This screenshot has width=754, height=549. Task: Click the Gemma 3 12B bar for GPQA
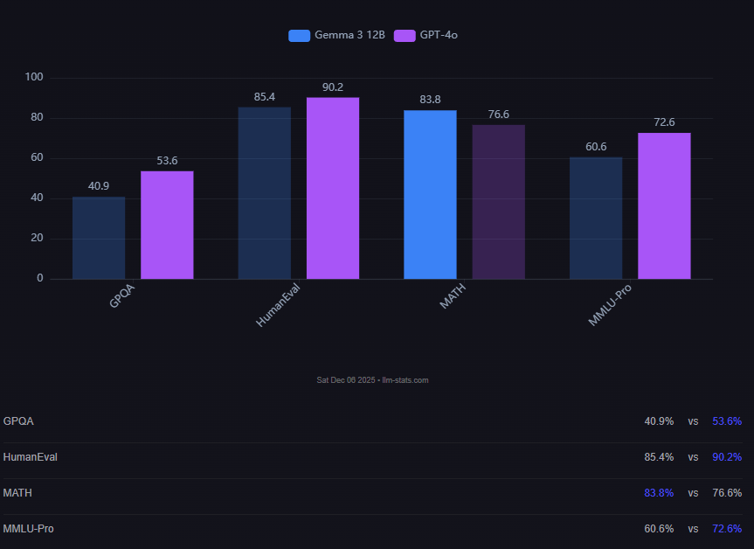(99, 238)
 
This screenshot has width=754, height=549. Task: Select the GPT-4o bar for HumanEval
(333, 188)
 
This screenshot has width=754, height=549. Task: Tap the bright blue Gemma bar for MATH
(430, 194)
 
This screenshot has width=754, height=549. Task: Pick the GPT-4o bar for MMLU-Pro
(664, 206)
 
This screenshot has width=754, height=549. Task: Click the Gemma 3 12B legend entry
(337, 36)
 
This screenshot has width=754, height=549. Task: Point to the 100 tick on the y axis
(34, 78)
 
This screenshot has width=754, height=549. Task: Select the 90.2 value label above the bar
(333, 87)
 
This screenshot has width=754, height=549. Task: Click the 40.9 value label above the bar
(99, 186)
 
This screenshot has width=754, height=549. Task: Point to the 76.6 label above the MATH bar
(499, 115)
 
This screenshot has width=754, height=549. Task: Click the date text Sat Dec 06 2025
(346, 380)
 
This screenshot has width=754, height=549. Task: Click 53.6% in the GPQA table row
(727, 421)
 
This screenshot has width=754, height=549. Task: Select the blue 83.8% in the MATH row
(659, 493)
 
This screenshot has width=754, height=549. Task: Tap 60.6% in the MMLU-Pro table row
(659, 529)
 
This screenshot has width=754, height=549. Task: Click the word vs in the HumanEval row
(693, 457)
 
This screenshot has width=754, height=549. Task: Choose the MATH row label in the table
(17, 493)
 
